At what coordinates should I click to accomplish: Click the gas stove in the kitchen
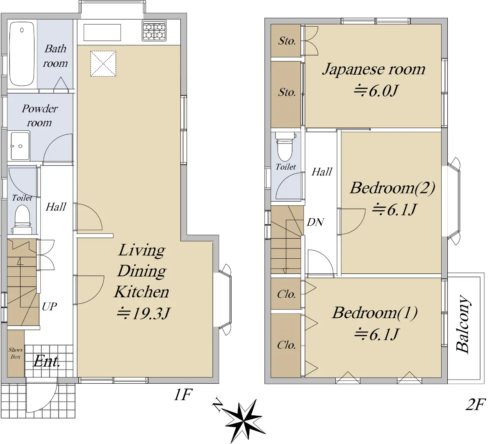point(154,31)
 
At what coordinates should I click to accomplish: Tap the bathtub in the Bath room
point(22,54)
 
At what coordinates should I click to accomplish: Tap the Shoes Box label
point(16,353)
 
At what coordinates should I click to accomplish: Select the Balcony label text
point(462,325)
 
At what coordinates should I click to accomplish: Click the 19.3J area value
point(143,314)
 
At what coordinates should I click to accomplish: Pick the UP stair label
point(49,306)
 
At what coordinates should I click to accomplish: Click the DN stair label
point(315,222)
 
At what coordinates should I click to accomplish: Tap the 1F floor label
point(183,395)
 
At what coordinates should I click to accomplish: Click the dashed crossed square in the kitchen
point(103,64)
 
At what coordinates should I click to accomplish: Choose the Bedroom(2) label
point(392,188)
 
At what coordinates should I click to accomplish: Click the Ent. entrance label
point(47,361)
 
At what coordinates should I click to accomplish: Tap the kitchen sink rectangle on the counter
point(102,32)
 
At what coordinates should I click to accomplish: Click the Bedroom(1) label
point(375,313)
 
